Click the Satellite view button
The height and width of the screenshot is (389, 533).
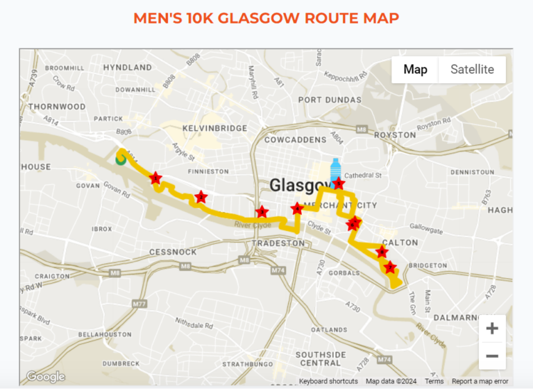(472, 69)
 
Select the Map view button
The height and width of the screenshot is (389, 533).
(415, 69)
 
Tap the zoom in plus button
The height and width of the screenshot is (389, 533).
(492, 328)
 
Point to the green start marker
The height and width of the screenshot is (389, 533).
(121, 159)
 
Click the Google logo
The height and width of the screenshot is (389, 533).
(46, 377)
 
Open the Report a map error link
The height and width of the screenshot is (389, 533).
(480, 381)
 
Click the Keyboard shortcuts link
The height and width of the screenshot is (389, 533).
(328, 381)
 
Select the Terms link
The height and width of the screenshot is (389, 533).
(434, 381)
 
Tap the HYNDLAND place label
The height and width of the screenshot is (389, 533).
(127, 68)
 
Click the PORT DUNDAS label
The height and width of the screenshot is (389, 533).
(330, 100)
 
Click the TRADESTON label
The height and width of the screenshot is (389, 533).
(278, 243)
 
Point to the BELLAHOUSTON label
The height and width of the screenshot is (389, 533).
(105, 334)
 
